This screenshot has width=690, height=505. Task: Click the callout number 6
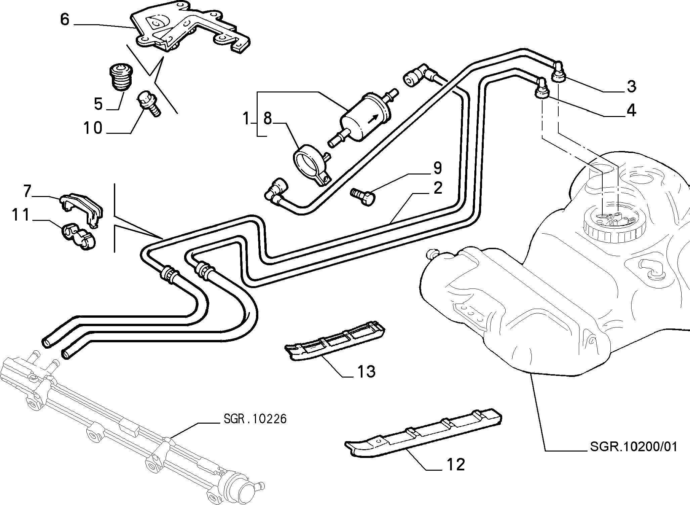pos(64,20)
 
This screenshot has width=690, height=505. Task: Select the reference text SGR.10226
pos(255,419)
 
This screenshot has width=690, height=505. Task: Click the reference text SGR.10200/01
pos(634,447)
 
